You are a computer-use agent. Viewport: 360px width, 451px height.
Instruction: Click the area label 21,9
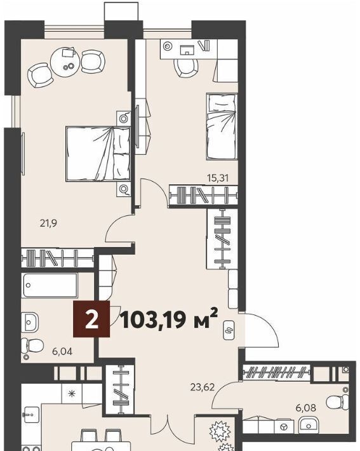48,223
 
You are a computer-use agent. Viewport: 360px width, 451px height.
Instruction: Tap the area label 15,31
218,178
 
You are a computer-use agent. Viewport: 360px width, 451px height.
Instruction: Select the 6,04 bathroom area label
62,351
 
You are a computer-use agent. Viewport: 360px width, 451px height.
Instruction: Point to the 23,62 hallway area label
203,387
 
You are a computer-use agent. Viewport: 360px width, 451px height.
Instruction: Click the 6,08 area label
306,408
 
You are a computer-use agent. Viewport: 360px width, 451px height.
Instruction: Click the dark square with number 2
91,319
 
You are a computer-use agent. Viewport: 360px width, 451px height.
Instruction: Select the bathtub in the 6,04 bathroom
50,285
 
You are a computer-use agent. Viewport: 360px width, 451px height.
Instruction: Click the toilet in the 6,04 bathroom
32,345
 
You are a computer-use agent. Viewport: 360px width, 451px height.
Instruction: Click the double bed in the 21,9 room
98,154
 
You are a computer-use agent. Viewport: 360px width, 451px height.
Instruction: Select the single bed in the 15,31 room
222,126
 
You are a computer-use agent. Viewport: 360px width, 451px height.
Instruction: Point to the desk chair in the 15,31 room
186,68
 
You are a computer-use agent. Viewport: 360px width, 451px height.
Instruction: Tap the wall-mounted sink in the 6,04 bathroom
30,323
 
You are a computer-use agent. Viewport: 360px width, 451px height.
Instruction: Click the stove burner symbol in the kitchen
72,393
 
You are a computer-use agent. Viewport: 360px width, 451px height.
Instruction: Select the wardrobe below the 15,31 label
203,195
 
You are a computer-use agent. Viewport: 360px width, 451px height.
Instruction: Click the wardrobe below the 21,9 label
58,258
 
